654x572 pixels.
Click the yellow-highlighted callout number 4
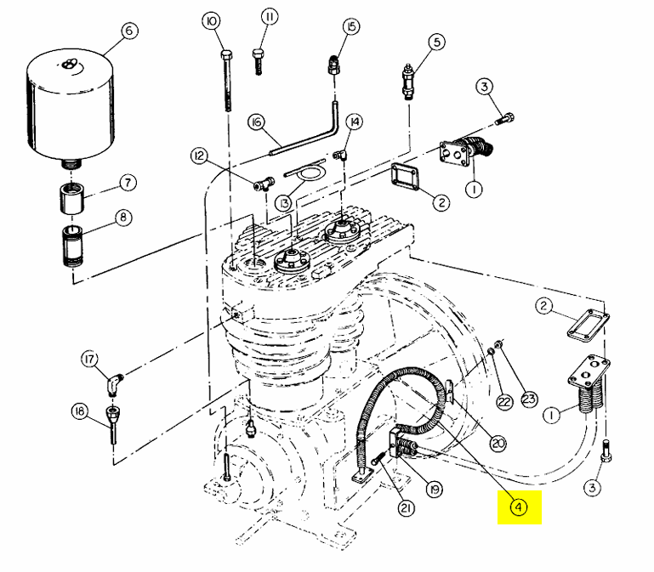[518, 507]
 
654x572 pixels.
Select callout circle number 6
[128, 31]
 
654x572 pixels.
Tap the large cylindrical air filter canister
[69, 105]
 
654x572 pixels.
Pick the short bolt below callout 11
[258, 62]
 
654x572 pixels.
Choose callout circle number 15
[351, 26]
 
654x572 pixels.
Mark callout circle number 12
[199, 156]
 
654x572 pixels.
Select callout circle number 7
[127, 182]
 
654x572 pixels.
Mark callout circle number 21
[407, 507]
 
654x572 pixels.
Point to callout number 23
[530, 399]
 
